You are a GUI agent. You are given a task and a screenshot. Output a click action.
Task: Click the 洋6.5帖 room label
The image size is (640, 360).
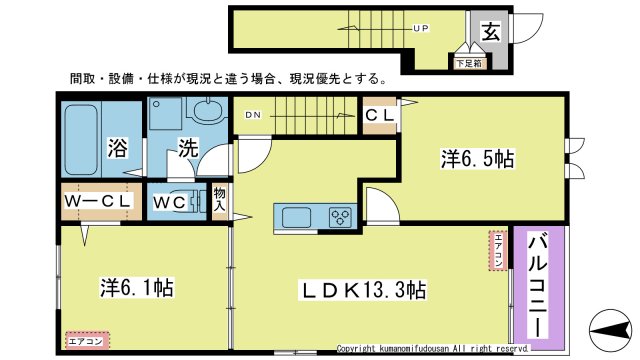[x=478, y=158]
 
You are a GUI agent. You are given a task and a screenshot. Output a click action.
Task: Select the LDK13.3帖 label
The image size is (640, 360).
[x=366, y=290]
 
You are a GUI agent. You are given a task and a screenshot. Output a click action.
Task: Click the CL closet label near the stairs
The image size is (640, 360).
[x=380, y=118]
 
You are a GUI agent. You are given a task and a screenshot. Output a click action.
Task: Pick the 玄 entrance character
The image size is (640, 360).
[x=492, y=32]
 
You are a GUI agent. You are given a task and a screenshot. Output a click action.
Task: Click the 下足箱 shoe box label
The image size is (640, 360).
[x=468, y=64]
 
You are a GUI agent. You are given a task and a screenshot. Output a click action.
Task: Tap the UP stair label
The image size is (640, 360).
[x=421, y=29]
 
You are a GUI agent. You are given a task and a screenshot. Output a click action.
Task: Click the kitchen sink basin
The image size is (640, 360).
[x=297, y=217]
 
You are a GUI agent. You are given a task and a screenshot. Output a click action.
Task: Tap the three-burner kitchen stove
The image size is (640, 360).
[x=339, y=217]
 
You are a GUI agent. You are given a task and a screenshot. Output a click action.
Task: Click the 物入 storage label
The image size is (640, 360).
[x=220, y=200]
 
